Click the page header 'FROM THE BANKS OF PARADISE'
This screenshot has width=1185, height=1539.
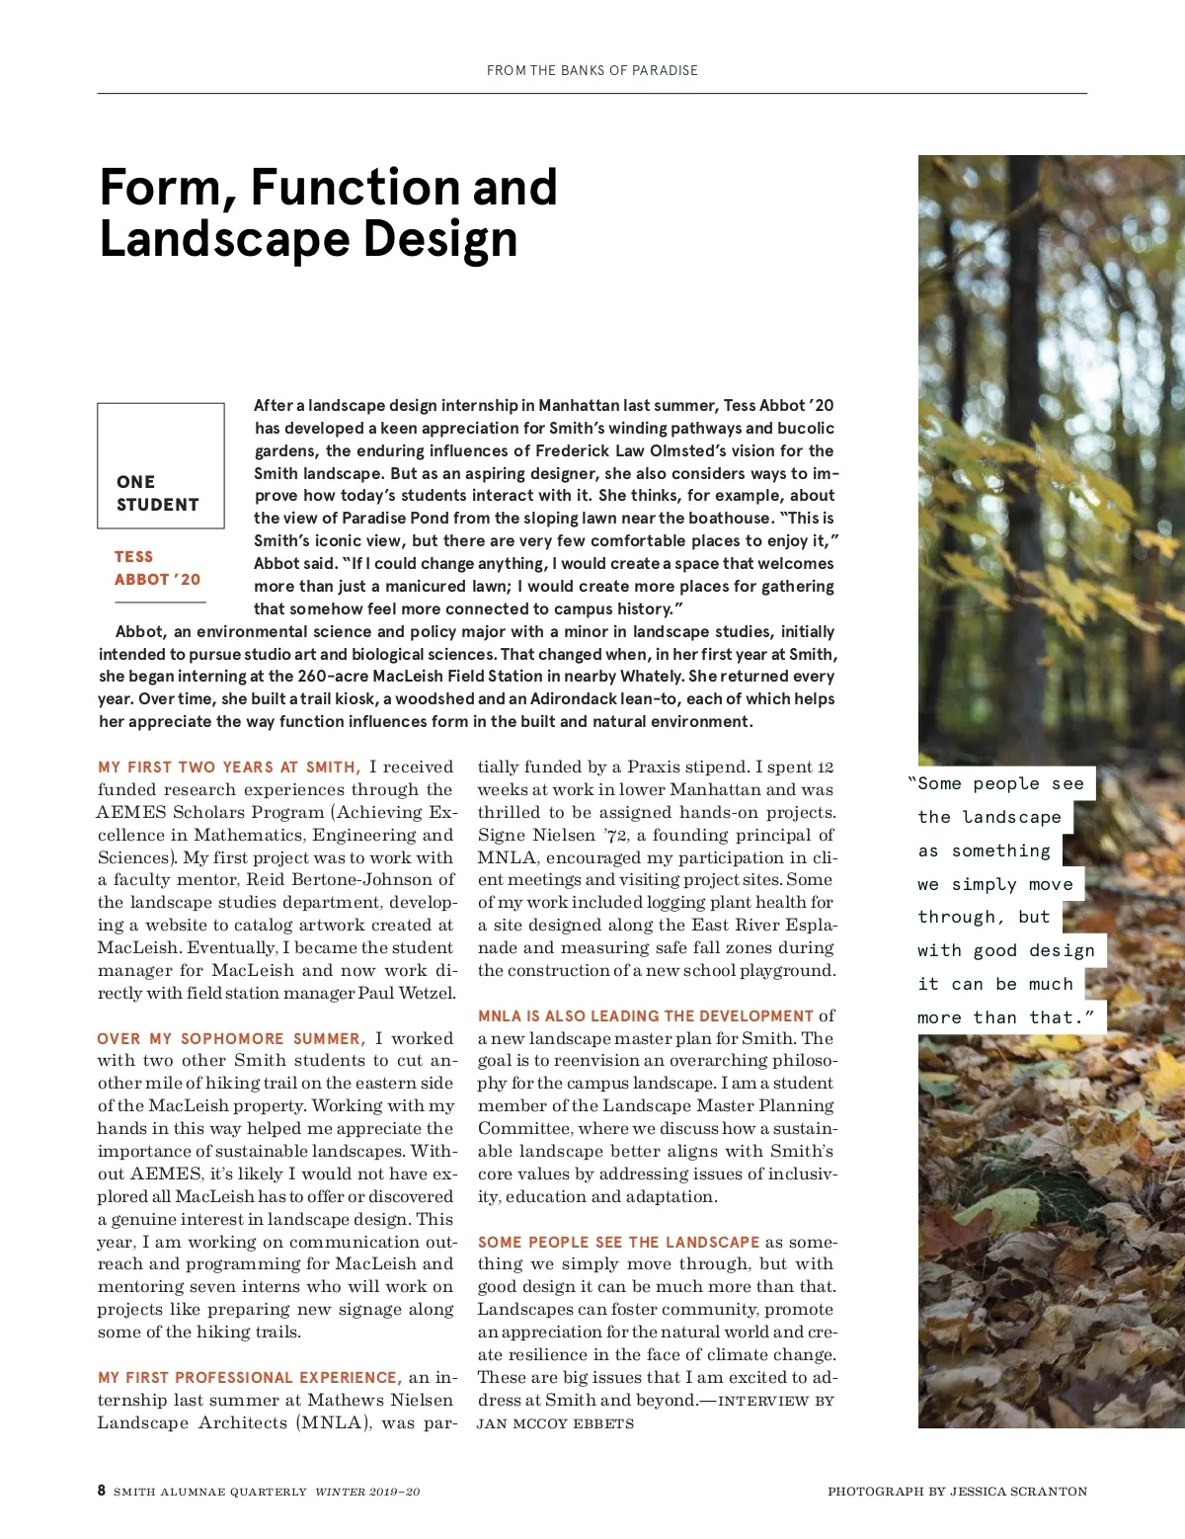click(x=592, y=70)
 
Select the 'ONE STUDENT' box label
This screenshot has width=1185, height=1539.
click(x=158, y=493)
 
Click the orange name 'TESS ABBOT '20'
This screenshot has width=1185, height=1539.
click(x=157, y=568)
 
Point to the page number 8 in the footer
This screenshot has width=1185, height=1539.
click(x=102, y=1491)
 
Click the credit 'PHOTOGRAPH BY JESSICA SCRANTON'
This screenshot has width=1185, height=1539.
click(x=957, y=1492)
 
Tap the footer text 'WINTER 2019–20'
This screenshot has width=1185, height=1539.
click(x=367, y=1492)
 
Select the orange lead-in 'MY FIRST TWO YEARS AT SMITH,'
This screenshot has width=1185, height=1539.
click(x=229, y=768)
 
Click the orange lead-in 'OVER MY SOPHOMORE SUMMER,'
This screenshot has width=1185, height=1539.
click(x=231, y=1039)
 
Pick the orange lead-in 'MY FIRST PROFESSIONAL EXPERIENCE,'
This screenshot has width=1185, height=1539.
click(x=249, y=1378)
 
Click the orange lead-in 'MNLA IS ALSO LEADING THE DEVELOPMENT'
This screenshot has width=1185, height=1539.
click(x=646, y=1016)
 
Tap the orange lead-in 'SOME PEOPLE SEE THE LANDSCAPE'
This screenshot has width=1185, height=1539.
click(x=618, y=1243)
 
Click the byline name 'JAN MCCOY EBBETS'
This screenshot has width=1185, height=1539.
click(x=555, y=1424)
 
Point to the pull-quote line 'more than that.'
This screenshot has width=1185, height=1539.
click(x=1005, y=1017)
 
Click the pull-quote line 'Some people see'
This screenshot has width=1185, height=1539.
click(x=999, y=784)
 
